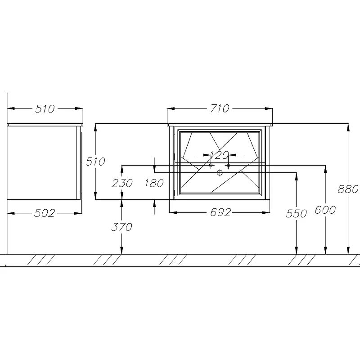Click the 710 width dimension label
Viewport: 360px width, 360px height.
tap(220, 108)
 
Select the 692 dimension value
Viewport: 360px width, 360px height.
tap(220, 212)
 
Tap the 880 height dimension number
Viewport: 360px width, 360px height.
tap(348, 189)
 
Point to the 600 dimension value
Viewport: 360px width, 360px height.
tap(325, 210)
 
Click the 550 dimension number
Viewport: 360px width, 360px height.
tap(296, 213)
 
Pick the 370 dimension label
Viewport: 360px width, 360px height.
tap(121, 227)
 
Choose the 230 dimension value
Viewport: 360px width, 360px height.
tap(122, 183)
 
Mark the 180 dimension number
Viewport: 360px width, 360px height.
tap(154, 183)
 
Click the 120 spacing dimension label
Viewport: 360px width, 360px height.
tap(219, 155)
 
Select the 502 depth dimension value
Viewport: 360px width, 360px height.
tap(45, 213)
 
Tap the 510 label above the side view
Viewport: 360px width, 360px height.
tap(45, 108)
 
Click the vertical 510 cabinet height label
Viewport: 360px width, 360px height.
tap(95, 162)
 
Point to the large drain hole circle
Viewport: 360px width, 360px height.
tap(220, 172)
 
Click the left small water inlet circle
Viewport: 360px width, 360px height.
tap(211, 165)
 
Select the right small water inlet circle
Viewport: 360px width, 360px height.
tap(228, 165)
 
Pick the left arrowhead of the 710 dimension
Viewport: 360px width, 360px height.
tap(171, 108)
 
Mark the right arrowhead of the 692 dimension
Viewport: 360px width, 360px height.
tap(266, 212)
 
